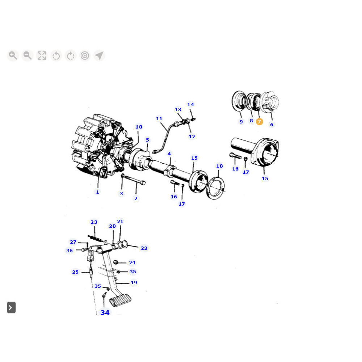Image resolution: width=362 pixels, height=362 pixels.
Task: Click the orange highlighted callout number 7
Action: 259,122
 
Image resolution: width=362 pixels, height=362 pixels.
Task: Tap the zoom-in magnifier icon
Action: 13,55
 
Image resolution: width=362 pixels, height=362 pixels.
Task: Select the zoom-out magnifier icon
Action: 27,55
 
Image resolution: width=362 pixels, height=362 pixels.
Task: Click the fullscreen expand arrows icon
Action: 42,55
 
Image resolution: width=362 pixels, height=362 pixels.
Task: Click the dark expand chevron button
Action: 11,307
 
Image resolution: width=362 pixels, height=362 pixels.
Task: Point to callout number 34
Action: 105,312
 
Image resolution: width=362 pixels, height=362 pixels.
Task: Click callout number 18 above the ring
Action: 220,166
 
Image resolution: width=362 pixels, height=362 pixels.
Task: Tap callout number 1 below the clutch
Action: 97,192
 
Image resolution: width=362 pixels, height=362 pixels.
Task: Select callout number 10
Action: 139,127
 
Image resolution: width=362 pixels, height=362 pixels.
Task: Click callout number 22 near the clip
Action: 144,248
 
